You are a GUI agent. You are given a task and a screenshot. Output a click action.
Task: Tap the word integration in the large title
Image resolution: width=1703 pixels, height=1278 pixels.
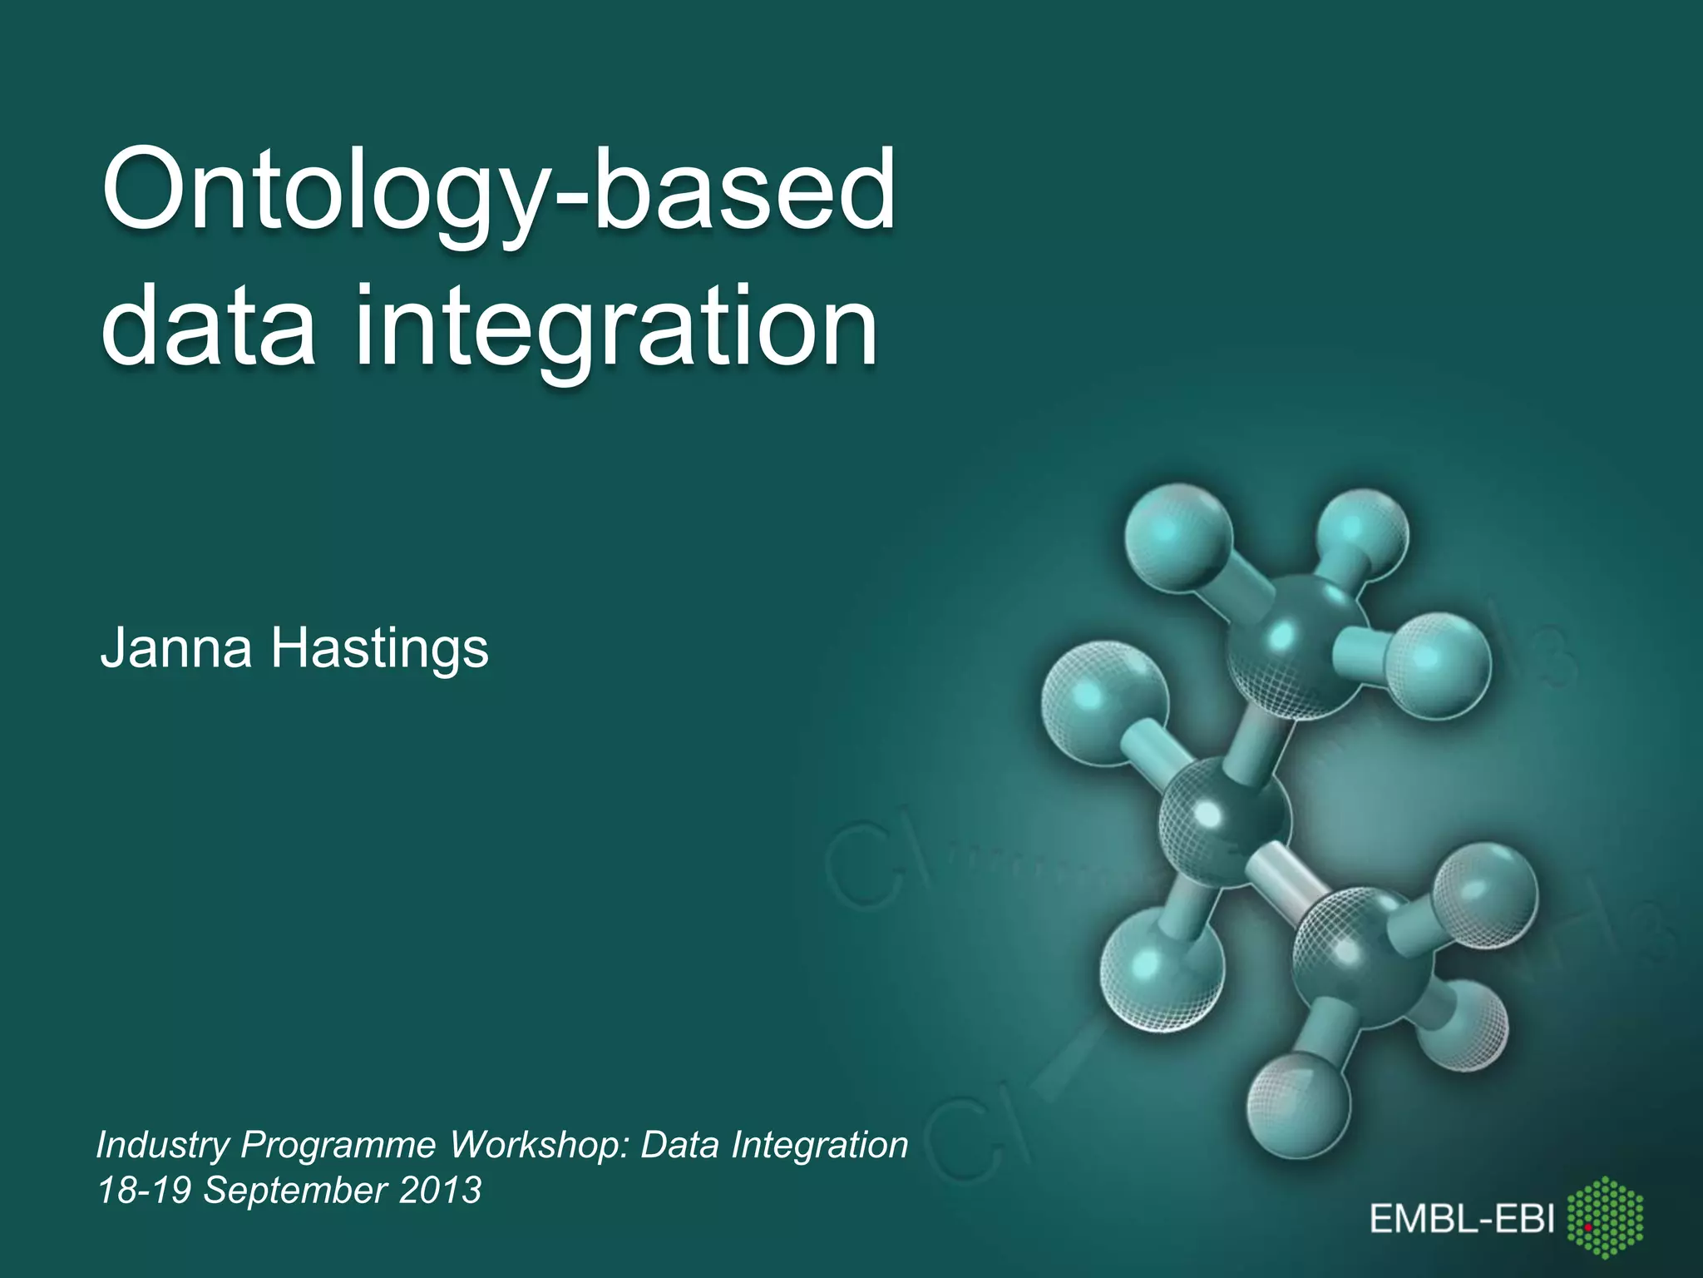pyautogui.click(x=615, y=329)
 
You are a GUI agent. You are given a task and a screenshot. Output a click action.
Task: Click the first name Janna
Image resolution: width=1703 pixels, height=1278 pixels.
pyautogui.click(x=175, y=648)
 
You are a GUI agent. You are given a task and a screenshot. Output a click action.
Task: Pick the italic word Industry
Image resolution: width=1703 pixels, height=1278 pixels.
pyautogui.click(x=162, y=1146)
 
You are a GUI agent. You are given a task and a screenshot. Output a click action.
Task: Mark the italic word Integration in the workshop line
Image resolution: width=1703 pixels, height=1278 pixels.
pyautogui.click(x=819, y=1146)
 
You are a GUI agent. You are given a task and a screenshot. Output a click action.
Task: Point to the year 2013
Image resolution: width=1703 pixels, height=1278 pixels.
pyautogui.click(x=440, y=1190)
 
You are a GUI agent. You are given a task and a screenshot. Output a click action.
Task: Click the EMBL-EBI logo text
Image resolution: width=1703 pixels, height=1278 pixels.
pyautogui.click(x=1462, y=1220)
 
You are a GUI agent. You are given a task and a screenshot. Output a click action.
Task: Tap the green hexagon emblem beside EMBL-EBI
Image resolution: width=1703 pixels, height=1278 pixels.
pyautogui.click(x=1605, y=1217)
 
